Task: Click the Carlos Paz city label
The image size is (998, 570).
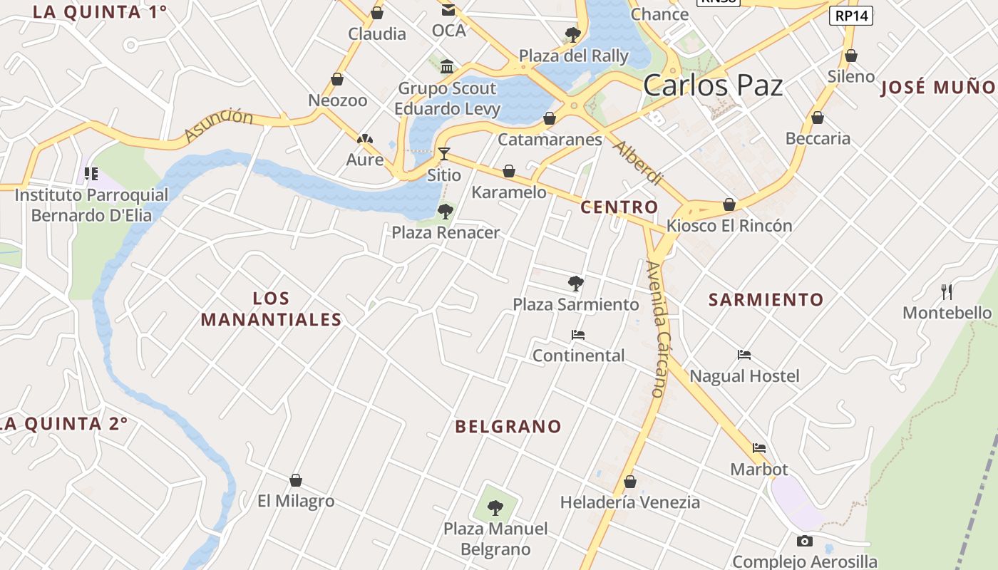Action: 713,85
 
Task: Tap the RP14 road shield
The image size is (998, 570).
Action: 852,16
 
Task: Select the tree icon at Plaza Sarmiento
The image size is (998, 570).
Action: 576,284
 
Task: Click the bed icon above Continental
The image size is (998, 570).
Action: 578,334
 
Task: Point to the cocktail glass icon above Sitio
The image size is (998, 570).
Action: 444,153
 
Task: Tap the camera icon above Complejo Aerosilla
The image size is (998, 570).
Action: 805,541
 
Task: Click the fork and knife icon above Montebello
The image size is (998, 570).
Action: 947,291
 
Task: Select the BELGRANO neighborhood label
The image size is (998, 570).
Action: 508,427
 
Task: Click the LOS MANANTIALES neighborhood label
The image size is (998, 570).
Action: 271,309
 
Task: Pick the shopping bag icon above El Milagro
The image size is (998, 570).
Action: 296,480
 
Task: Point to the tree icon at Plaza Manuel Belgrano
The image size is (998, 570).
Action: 495,508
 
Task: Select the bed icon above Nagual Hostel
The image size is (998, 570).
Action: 744,355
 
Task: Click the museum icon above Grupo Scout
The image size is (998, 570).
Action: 447,67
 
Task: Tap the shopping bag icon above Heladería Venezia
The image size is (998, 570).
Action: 629,482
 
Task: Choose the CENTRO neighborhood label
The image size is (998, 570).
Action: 619,207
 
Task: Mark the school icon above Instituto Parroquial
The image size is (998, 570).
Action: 91,174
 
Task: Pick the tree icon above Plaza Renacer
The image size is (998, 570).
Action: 446,212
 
